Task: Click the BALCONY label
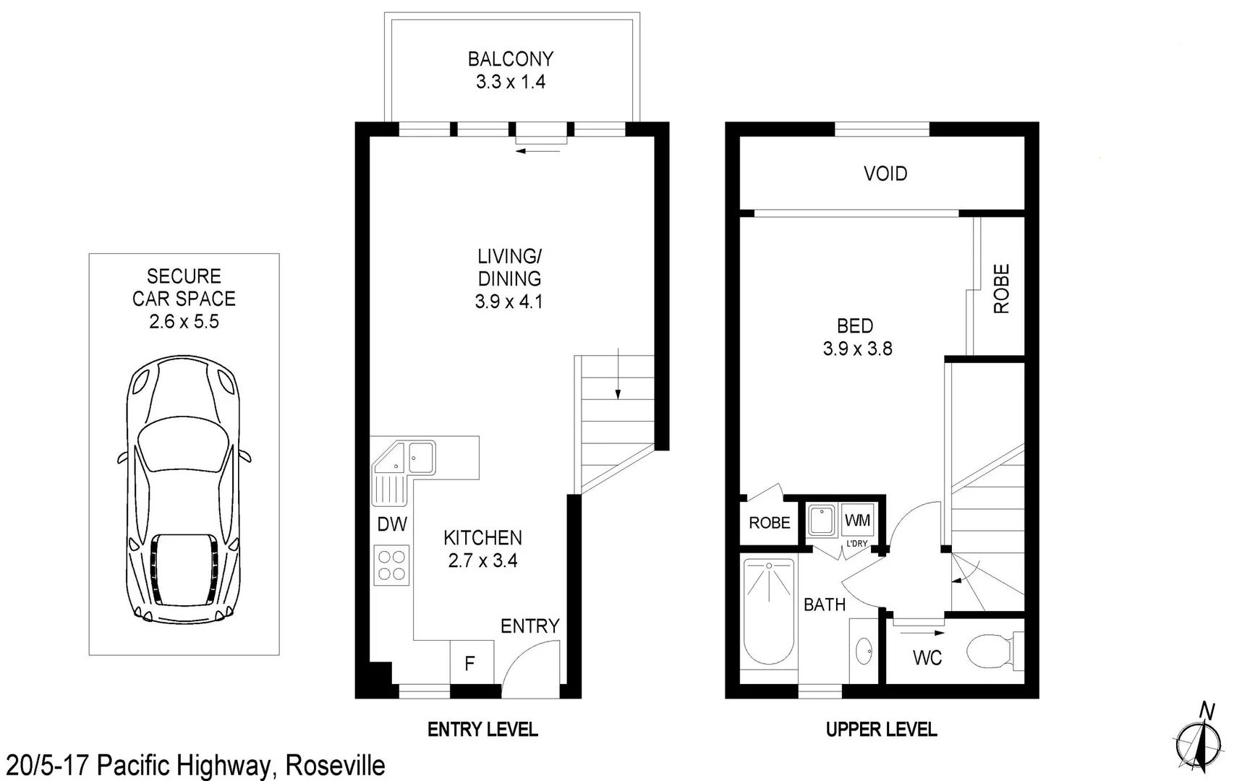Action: tap(510, 59)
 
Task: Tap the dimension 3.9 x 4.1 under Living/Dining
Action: tap(509, 302)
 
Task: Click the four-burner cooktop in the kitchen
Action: tap(391, 565)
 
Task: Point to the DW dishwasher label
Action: tap(392, 524)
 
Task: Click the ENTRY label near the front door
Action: tap(529, 626)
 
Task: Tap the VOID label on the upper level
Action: tap(885, 174)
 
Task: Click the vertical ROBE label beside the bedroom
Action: tap(1001, 289)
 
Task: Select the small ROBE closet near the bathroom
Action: tap(769, 523)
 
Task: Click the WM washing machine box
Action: tap(858, 521)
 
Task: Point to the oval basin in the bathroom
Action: tap(864, 652)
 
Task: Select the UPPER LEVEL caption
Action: tap(881, 730)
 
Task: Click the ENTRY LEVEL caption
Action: tap(482, 730)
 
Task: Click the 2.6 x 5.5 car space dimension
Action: tap(184, 322)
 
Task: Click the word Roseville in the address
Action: tap(335, 766)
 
